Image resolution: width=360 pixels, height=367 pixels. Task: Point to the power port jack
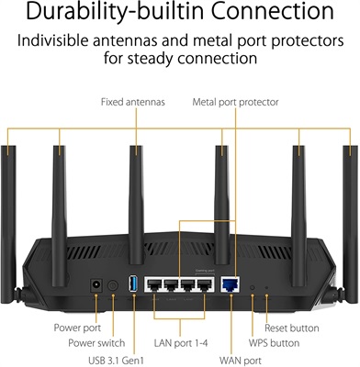click(x=95, y=289)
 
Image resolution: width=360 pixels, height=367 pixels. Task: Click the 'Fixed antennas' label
click(x=132, y=101)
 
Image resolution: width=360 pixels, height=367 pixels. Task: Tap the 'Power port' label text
click(x=77, y=326)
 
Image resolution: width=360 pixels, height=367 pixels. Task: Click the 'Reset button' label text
click(x=292, y=326)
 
